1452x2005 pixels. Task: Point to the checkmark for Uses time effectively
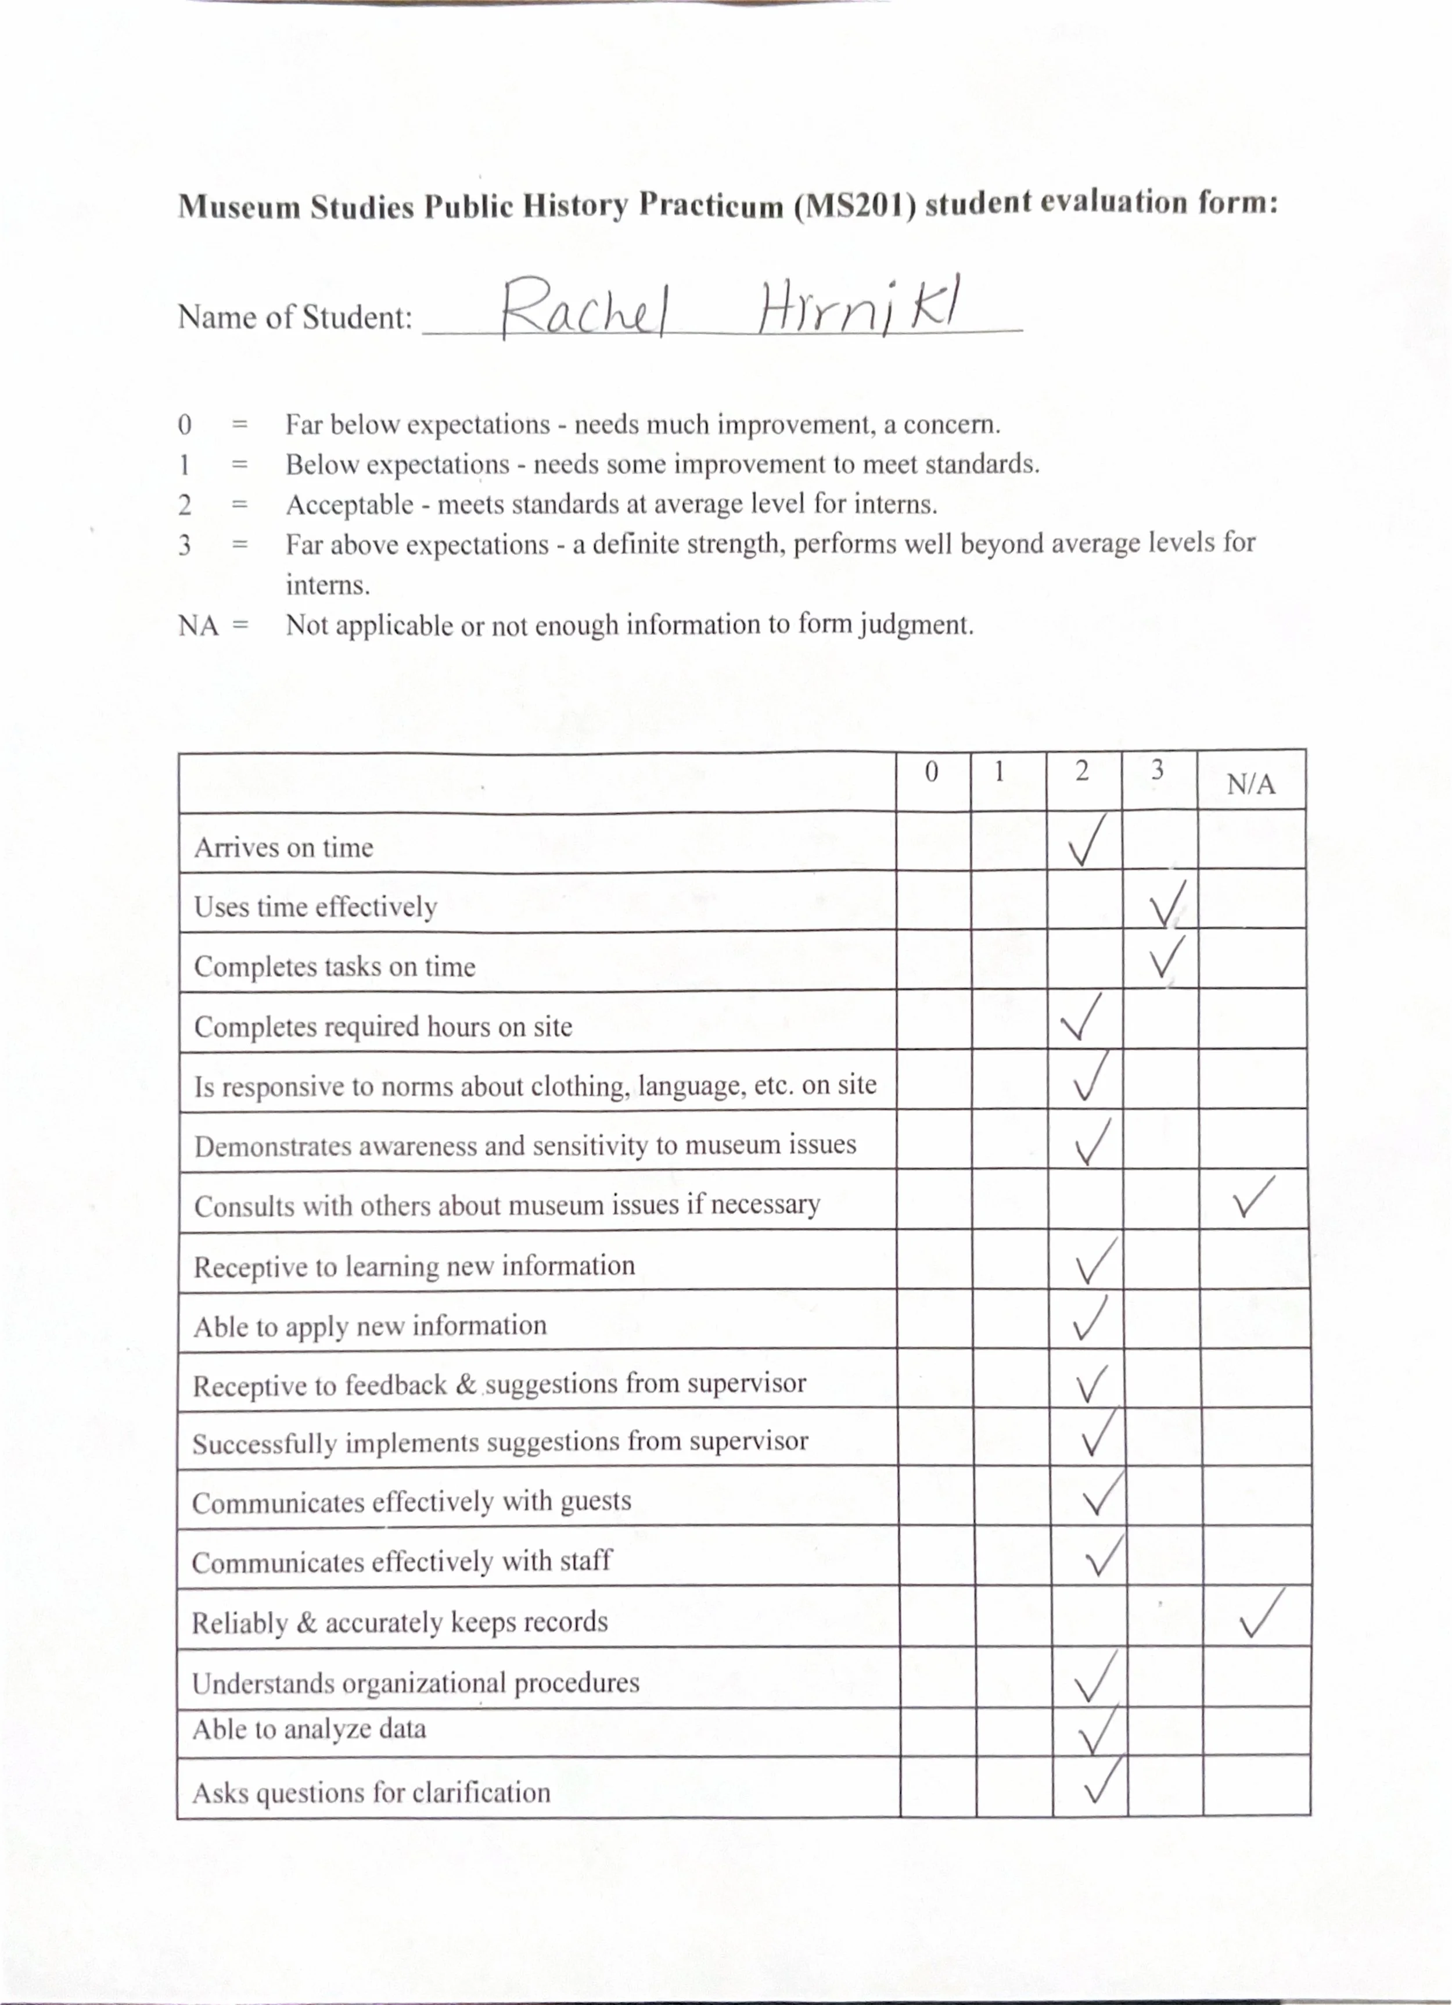click(x=1167, y=903)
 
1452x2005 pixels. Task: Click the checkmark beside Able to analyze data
click(x=1097, y=1731)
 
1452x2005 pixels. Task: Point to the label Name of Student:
click(x=295, y=317)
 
